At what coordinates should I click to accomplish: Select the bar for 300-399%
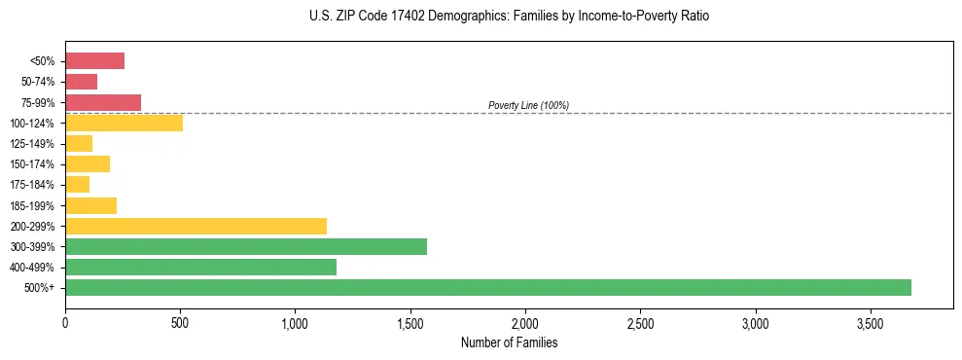pos(246,246)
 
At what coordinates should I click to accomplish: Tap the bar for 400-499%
pos(200,267)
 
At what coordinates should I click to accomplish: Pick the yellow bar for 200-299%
pos(196,226)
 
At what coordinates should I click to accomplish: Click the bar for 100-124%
pos(124,123)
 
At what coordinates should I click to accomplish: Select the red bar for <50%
pos(94,60)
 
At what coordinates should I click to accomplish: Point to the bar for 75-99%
pos(103,102)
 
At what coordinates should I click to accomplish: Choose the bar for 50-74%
pos(81,82)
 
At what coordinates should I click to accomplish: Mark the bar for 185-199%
pos(90,205)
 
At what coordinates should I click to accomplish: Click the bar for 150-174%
pos(88,163)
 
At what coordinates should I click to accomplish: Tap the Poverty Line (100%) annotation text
pos(528,105)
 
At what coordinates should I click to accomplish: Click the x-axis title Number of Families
pos(509,342)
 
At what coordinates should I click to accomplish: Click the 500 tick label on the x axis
pos(180,322)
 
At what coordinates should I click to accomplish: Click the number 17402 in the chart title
pos(392,17)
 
